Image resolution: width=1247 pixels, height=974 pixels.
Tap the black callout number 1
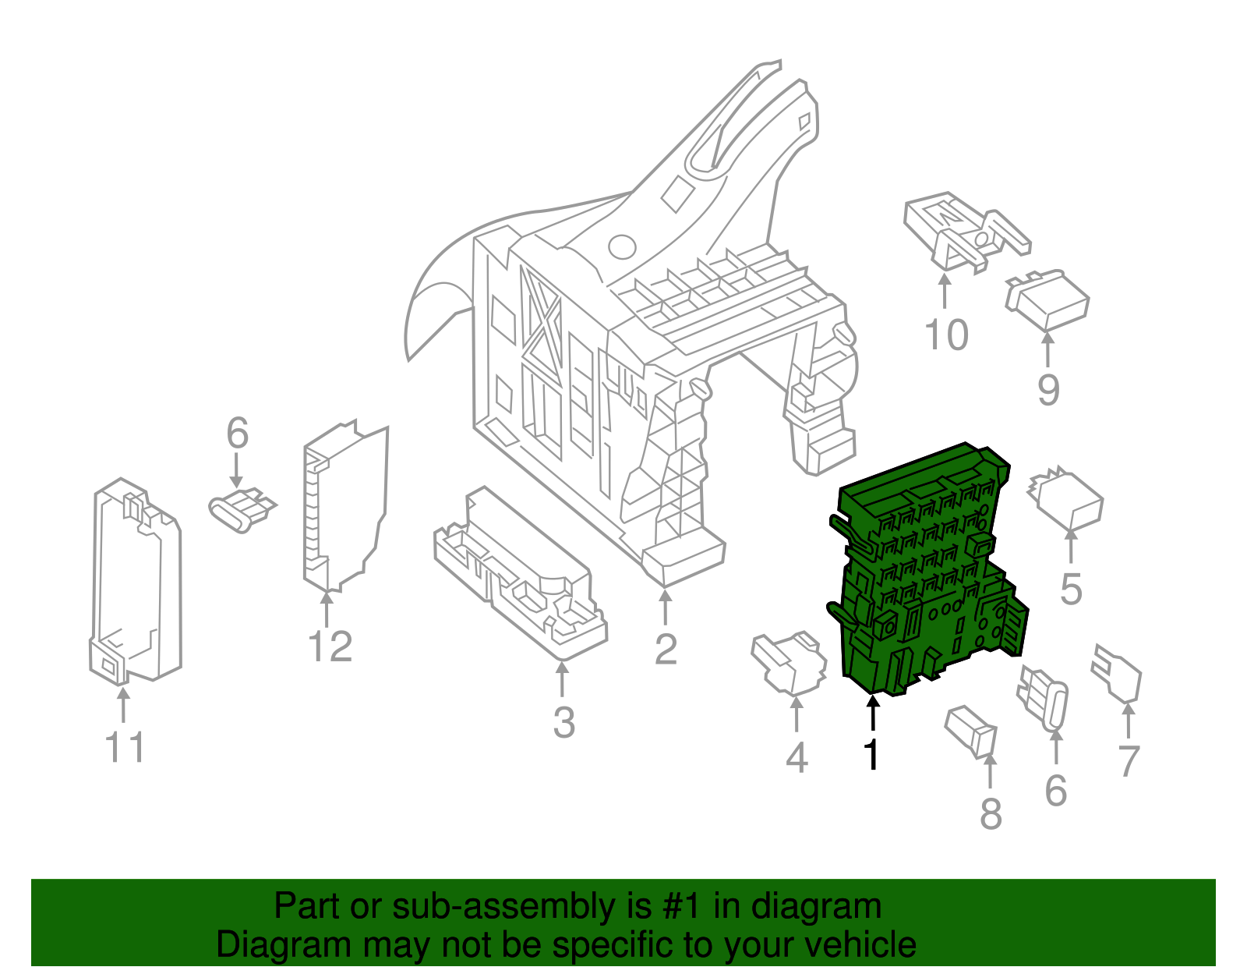[x=871, y=755]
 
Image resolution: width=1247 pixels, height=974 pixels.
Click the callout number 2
[x=665, y=649]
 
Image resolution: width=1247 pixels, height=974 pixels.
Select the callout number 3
[x=563, y=722]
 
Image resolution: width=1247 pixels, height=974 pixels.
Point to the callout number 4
[x=796, y=758]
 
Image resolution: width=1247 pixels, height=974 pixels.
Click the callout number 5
[x=1071, y=589]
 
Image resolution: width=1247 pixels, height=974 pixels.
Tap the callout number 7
[x=1129, y=761]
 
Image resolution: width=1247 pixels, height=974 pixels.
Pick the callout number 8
[x=990, y=815]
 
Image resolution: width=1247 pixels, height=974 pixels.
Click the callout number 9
[x=1048, y=390]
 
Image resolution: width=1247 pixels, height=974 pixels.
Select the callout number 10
[x=945, y=335]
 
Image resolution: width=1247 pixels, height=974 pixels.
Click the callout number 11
[x=125, y=748]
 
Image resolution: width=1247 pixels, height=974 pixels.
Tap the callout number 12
[x=330, y=647]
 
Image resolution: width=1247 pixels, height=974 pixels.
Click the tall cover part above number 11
[x=135, y=581]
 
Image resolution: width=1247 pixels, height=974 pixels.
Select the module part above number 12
[x=343, y=507]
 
